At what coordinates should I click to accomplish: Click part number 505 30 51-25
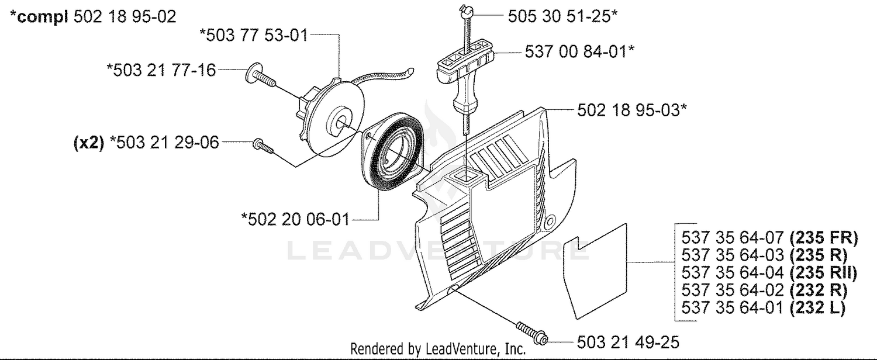[562, 16]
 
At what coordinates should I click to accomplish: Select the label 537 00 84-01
[579, 51]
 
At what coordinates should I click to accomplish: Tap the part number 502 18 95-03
[632, 110]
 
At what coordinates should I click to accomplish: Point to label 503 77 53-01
[254, 35]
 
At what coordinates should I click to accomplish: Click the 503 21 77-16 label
[161, 71]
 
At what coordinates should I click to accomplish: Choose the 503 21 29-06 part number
[164, 143]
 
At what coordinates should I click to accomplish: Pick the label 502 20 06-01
[295, 219]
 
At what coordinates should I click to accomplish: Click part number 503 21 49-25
[628, 342]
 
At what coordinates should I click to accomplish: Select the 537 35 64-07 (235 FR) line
[770, 237]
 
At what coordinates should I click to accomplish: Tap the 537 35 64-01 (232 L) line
[764, 308]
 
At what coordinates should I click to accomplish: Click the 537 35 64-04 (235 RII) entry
[769, 273]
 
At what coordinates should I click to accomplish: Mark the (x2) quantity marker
[89, 143]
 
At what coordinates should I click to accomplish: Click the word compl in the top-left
[43, 17]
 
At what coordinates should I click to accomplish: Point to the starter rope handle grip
[464, 78]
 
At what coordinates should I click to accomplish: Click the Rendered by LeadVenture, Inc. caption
[438, 349]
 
